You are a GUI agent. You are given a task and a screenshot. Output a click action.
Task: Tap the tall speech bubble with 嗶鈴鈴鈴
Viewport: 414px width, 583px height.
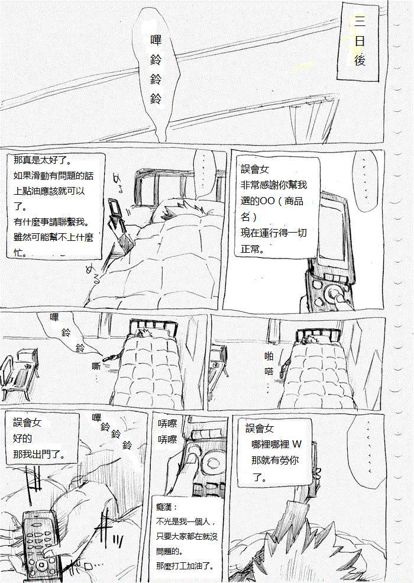pyautogui.click(x=157, y=70)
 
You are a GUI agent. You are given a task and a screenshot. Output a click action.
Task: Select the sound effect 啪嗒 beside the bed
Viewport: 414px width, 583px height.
pyautogui.click(x=269, y=364)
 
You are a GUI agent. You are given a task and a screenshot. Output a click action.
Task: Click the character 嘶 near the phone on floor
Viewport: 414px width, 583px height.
pyautogui.click(x=96, y=366)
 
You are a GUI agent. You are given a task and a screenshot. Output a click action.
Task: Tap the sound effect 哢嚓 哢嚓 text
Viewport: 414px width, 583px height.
pyautogui.click(x=167, y=431)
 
